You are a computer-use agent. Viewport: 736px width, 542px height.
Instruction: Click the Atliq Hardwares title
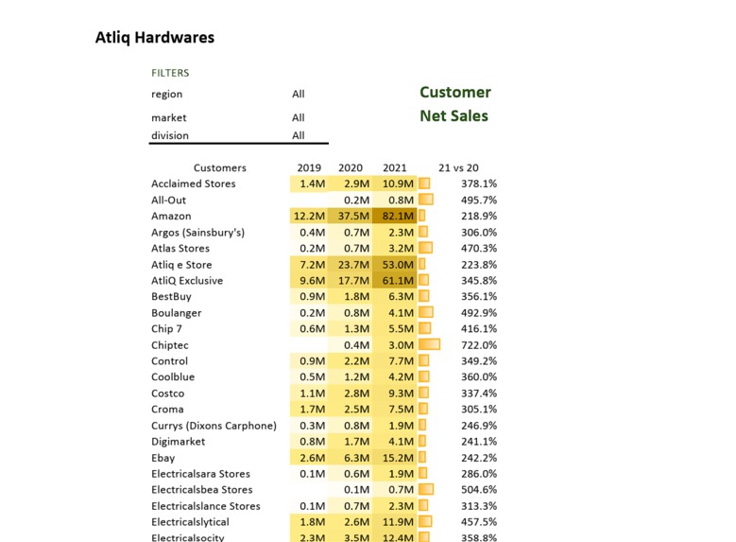point(155,38)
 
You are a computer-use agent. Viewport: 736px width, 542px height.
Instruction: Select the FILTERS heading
point(170,73)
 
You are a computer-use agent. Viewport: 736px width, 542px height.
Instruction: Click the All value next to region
point(299,95)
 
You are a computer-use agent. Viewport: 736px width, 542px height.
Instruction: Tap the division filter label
point(170,136)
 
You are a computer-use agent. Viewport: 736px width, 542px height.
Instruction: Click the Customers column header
point(220,168)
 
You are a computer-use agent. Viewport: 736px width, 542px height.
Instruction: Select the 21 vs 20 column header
point(458,168)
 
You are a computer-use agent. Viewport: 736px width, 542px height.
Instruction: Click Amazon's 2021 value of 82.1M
point(398,217)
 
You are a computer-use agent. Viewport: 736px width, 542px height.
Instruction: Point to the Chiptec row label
point(170,345)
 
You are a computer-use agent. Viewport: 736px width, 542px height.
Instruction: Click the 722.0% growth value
point(479,345)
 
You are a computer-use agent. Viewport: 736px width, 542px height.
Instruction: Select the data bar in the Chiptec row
point(429,345)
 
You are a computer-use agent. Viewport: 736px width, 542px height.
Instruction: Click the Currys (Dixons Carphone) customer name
point(214,426)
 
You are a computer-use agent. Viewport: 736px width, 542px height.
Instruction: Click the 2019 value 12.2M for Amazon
point(310,217)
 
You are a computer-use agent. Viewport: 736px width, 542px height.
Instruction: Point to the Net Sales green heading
point(454,116)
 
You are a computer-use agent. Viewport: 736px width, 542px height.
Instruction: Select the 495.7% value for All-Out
point(479,201)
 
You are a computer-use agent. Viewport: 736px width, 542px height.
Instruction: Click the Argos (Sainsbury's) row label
point(197,233)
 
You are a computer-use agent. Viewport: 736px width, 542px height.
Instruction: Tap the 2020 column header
point(351,168)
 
